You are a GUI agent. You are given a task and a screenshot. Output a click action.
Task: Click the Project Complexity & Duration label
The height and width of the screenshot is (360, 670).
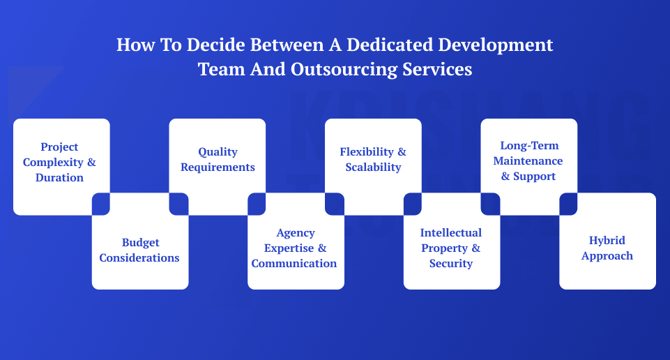click(x=59, y=162)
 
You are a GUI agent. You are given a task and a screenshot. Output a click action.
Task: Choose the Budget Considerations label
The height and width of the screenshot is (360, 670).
click(x=139, y=250)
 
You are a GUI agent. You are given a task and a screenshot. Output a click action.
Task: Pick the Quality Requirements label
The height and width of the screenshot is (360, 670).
click(x=218, y=159)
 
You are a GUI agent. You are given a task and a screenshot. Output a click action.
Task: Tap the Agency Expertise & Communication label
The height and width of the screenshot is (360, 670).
click(x=294, y=248)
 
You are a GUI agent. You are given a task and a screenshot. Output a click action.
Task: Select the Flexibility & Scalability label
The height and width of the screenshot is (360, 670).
click(x=373, y=159)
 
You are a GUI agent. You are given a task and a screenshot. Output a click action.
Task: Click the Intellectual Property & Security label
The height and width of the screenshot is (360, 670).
click(x=451, y=248)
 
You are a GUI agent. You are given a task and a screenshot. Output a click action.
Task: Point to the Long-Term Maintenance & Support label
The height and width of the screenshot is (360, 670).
click(x=528, y=161)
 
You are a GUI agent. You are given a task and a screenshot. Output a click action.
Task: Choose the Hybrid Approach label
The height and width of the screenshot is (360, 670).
click(x=607, y=248)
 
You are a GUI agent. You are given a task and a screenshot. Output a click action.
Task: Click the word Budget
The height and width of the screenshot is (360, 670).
click(x=140, y=242)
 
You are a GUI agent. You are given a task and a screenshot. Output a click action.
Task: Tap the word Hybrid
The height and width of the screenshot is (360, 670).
click(x=607, y=240)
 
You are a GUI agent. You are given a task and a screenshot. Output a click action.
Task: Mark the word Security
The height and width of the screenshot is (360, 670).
click(x=451, y=263)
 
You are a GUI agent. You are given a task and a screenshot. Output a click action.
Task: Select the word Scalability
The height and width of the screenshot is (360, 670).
click(x=373, y=167)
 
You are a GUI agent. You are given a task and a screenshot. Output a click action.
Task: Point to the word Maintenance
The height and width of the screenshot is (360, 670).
click(x=528, y=161)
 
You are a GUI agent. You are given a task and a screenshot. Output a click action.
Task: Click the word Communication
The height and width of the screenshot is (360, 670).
click(x=294, y=263)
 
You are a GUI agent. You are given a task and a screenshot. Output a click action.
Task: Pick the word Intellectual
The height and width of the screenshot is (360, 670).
click(x=451, y=232)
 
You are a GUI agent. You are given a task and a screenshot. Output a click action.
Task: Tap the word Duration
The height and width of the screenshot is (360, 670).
click(x=59, y=177)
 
